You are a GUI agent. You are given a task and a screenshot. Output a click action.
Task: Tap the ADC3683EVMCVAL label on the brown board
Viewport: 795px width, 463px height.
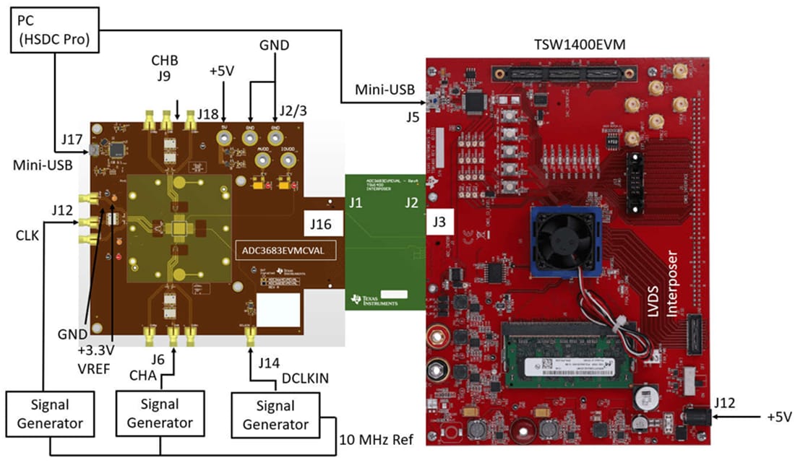[279, 250]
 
